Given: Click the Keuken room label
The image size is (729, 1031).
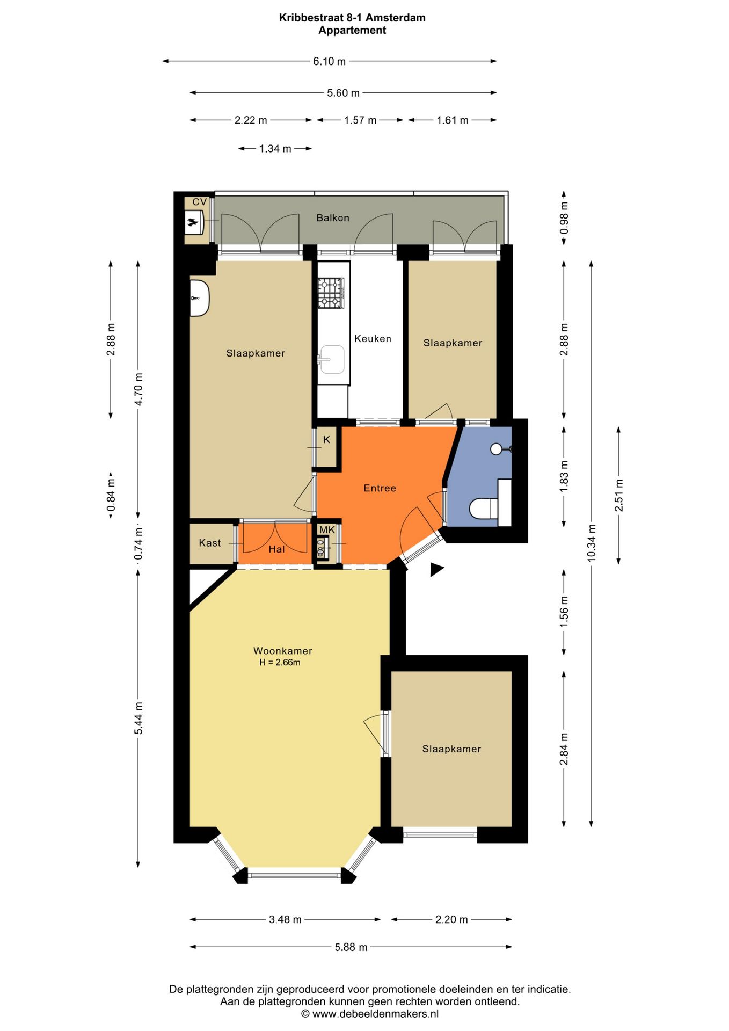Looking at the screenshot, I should (373, 338).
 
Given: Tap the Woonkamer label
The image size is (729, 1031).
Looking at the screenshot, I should (282, 650).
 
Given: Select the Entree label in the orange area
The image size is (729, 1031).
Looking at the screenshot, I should (380, 488).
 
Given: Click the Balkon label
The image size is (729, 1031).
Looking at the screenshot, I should (332, 217).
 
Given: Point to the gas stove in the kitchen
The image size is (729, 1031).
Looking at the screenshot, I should (330, 293).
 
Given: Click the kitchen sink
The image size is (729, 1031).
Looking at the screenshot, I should (332, 359).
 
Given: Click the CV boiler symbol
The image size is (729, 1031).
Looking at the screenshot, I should (193, 222).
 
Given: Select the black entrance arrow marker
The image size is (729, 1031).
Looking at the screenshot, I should (436, 569).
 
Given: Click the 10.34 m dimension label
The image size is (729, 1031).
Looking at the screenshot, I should (591, 542).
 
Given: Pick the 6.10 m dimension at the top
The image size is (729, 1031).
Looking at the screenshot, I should (329, 61).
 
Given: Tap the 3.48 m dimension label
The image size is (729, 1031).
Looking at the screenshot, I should (285, 919).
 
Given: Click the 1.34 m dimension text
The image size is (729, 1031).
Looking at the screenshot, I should (275, 148).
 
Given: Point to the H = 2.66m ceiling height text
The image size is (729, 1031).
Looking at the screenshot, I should (280, 662).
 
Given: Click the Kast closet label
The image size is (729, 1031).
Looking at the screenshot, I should (209, 542).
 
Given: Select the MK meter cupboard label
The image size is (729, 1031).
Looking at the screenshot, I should (327, 529).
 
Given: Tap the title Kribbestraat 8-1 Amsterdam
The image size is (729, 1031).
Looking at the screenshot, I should (352, 17).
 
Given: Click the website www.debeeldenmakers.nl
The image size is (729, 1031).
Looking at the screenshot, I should (375, 1014).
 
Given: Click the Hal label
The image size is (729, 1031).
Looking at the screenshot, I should (276, 549).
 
